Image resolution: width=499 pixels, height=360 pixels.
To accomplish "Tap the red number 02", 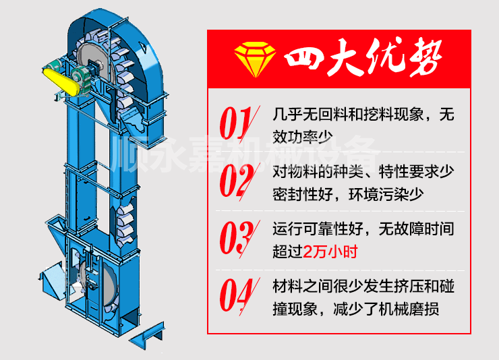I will point(237,181).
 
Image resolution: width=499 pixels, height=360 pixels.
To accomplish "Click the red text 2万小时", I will point(330,253).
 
